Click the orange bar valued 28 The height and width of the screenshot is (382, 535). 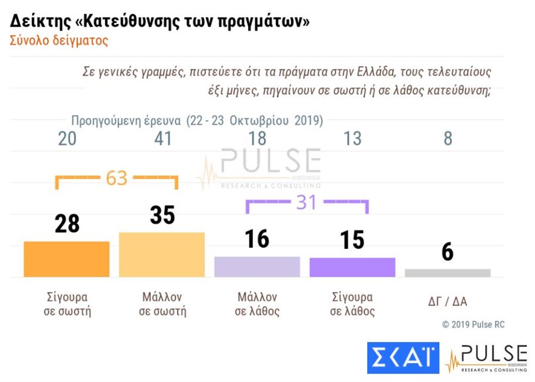point(67,259)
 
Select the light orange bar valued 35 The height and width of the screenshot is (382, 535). point(162,255)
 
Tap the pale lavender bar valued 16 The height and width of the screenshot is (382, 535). point(257,267)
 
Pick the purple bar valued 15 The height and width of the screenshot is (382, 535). point(353,268)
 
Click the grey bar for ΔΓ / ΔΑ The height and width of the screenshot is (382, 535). point(447,273)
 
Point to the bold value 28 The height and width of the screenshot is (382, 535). point(67,224)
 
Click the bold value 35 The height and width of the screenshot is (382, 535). point(162,215)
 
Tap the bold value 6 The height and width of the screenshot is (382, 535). point(447,251)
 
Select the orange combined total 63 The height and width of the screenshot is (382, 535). point(116,178)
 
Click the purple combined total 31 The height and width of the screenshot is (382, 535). point(306,202)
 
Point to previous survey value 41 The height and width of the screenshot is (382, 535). point(162,139)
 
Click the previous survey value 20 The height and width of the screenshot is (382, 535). point(67,139)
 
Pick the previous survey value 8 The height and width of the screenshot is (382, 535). point(448,139)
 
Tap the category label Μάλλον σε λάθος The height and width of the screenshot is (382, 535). point(257,304)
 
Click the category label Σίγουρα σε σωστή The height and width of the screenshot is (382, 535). point(67,304)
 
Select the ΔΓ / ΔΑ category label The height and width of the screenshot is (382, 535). point(447,301)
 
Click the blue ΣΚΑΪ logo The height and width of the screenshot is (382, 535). point(402,358)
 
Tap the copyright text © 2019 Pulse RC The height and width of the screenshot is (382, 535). point(473,325)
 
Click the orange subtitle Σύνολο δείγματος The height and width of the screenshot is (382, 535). point(59,41)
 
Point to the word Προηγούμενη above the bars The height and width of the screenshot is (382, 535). point(107,119)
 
